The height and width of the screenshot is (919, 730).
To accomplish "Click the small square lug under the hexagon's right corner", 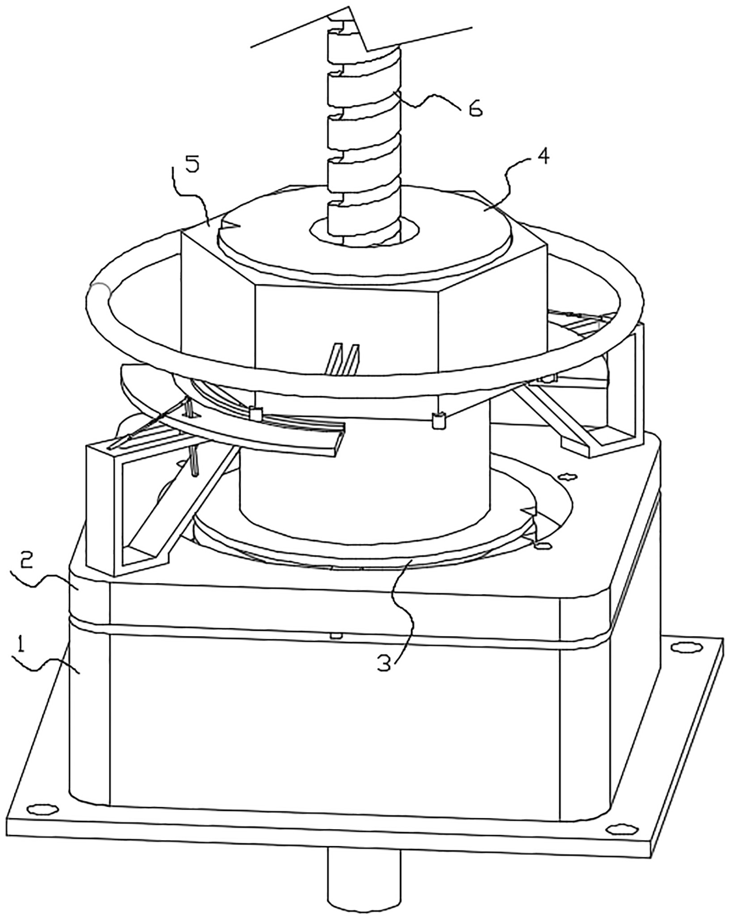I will point(438,420).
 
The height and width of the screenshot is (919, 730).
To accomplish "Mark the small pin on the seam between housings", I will point(334,635).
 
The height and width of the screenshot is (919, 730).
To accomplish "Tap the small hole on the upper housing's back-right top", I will point(567,477).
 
